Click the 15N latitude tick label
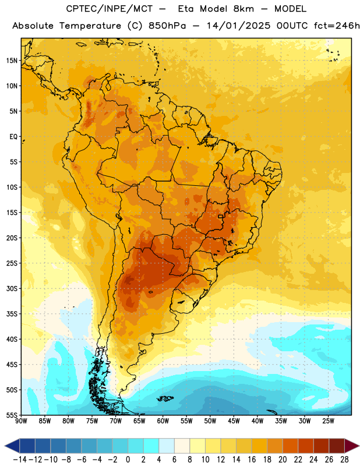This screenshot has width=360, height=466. coord(12,61)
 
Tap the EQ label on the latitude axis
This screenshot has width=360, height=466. coord(13,137)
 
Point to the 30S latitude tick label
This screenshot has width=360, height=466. coord(12,288)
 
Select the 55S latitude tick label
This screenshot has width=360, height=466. coord(12,415)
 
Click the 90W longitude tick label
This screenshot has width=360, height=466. coord(21,421)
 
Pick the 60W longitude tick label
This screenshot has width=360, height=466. coord(163,421)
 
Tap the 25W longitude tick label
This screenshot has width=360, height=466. coord(328,421)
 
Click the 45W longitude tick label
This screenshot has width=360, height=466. coord(234,421)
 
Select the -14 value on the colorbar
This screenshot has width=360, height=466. coord(20,460)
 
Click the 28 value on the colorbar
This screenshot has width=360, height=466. coord(344,460)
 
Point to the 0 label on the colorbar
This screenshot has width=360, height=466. coord(128,460)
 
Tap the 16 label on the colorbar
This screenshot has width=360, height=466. coord(252,460)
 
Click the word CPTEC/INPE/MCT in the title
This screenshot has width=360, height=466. coord(110,9)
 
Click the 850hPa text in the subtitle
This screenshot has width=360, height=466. coord(167,26)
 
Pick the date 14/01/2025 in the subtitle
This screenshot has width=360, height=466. coord(239,26)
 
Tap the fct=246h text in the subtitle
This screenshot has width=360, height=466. coord(337,26)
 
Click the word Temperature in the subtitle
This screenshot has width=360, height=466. coord(90,26)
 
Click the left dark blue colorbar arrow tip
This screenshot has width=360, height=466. coord(5,446)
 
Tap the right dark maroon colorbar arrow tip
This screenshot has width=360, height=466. coord(359,446)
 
